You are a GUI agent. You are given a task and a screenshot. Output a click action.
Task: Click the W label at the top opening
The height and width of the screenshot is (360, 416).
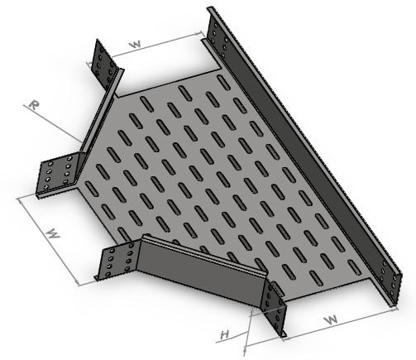click(x=136, y=45)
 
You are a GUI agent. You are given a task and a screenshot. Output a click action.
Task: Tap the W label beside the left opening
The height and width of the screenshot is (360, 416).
click(x=53, y=233)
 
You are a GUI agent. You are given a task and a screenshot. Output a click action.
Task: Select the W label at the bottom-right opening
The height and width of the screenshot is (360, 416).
click(x=331, y=320)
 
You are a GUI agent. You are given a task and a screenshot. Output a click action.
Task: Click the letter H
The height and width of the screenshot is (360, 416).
click(x=225, y=335)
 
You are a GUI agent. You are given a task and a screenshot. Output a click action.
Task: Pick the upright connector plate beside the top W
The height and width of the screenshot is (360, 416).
click(x=106, y=64)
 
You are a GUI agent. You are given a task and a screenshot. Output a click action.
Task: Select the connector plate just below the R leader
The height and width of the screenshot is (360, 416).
click(x=57, y=175)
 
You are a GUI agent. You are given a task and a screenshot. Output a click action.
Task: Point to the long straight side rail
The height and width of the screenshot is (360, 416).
click(x=304, y=155)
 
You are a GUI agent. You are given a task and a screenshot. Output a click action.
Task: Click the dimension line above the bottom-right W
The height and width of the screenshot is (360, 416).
click(x=341, y=324)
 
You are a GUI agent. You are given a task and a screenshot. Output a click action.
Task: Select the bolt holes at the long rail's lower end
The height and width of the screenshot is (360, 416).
click(x=388, y=279)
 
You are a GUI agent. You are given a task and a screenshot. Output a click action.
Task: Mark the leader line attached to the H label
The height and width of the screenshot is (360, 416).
click(x=234, y=338)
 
